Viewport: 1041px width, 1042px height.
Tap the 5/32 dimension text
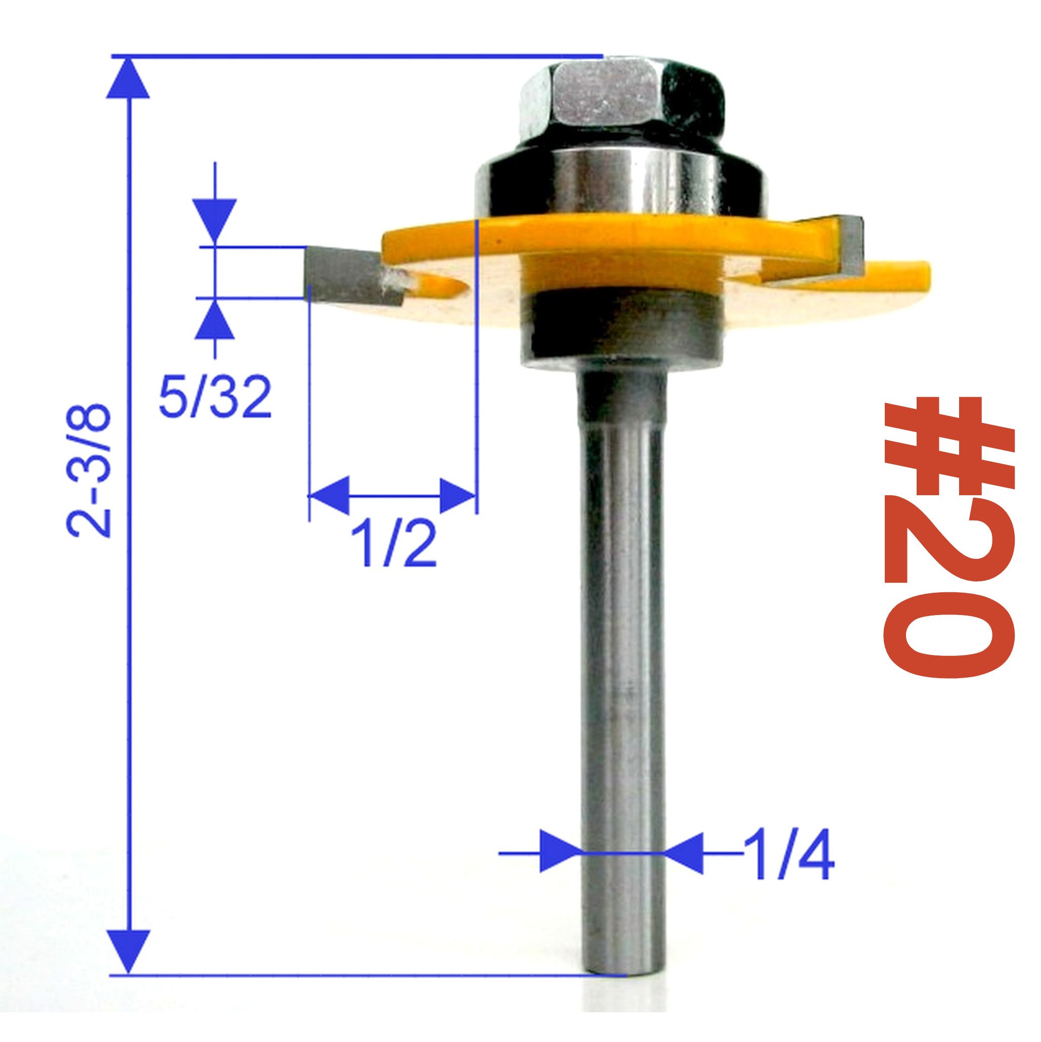point(215,399)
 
